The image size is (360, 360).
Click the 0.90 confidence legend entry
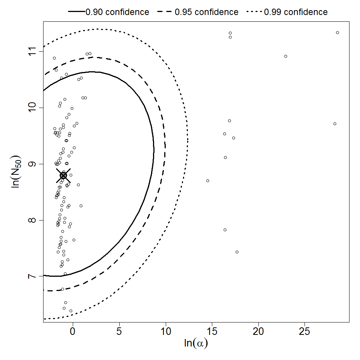(x=109, y=12)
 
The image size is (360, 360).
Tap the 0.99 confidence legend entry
(x=287, y=12)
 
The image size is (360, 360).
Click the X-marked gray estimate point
(x=63, y=175)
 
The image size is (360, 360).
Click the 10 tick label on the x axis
(x=165, y=331)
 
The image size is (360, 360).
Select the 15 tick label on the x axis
(x=212, y=331)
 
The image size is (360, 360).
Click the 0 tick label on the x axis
(x=73, y=331)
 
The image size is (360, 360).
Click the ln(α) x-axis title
(x=196, y=343)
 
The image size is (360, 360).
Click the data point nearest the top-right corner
(x=337, y=33)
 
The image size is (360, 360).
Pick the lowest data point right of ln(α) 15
(x=237, y=252)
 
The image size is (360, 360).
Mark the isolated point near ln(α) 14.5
(x=208, y=181)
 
